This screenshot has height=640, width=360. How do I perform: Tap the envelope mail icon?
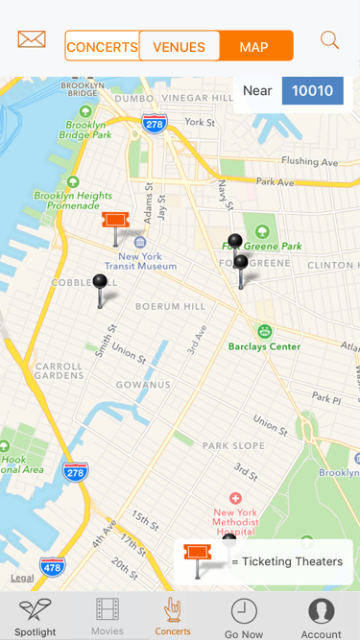32,40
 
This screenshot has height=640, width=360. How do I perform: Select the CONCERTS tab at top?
102,47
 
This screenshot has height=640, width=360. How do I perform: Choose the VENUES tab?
179,47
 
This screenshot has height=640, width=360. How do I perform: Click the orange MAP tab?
254,47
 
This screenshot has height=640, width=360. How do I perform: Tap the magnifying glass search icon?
329,40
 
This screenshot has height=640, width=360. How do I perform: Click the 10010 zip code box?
312,91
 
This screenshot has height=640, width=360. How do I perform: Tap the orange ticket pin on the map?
115,222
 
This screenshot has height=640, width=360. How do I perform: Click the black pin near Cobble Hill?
100,283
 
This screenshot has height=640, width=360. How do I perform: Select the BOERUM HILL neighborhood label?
170,306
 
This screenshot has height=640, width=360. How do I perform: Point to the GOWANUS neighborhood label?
143,385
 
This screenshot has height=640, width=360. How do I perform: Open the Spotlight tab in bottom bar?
36,617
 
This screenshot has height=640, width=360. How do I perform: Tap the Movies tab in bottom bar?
108,617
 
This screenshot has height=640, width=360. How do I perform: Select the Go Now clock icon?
244,617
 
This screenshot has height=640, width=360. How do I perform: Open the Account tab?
321,617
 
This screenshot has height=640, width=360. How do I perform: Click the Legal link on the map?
22,578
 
